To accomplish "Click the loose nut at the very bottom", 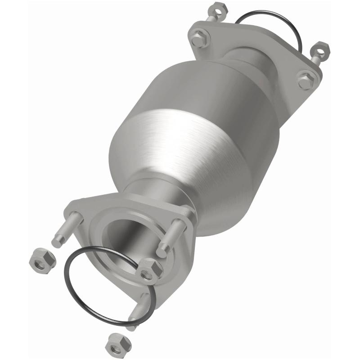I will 118,345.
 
